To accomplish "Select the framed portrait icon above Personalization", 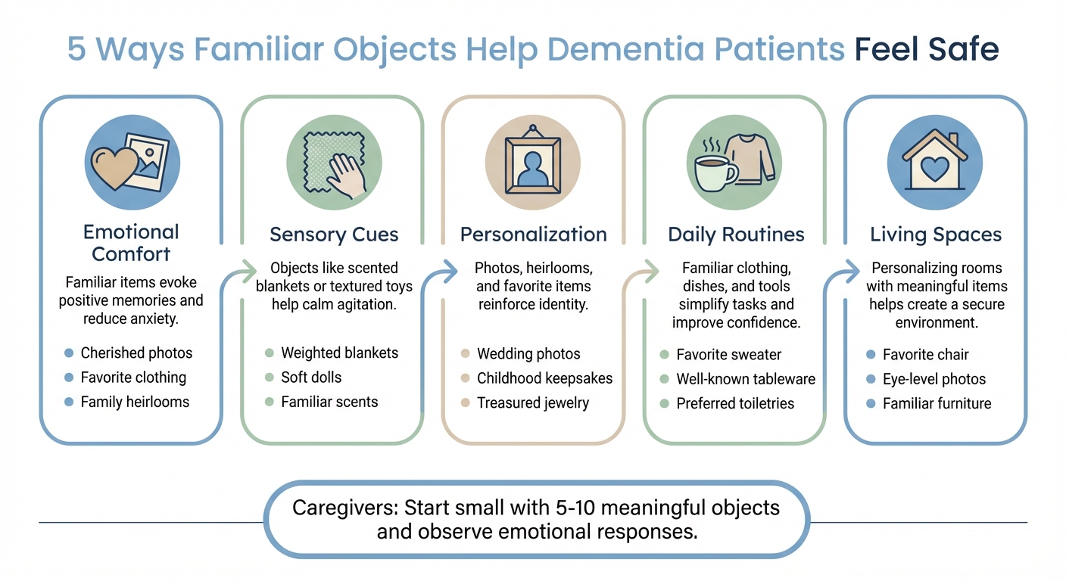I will click(533, 164).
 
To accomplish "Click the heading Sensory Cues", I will click(334, 235).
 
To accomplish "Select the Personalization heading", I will click(533, 235).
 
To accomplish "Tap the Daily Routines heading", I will click(735, 235).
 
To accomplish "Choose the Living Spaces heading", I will click(936, 235).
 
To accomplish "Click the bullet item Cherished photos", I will click(136, 353).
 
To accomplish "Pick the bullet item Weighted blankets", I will click(339, 353).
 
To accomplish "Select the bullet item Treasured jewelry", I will click(532, 402).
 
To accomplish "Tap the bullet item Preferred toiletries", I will click(735, 403).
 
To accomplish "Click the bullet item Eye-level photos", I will click(934, 379).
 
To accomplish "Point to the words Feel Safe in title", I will click(927, 49).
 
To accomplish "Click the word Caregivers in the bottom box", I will click(344, 507).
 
